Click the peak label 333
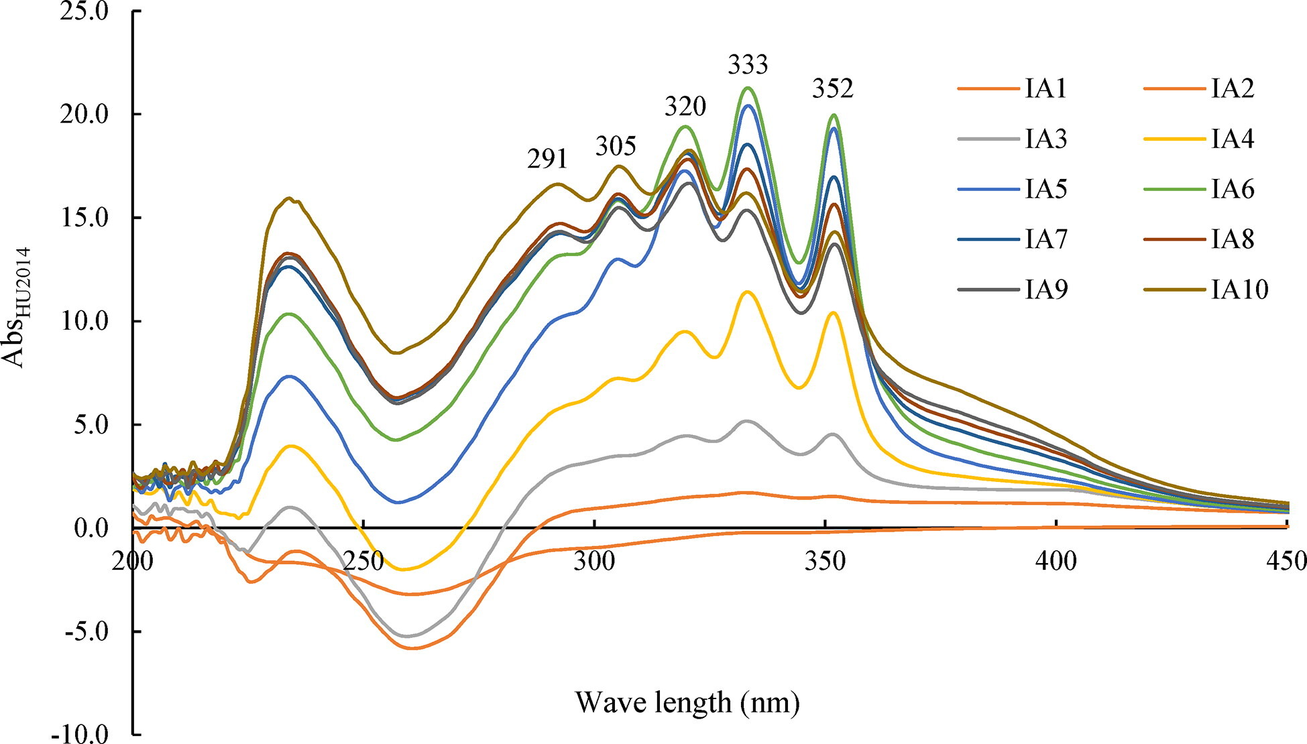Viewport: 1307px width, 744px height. (748, 65)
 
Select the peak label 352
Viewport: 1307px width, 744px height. (832, 88)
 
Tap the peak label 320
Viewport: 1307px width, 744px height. (685, 106)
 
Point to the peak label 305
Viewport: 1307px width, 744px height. (616, 146)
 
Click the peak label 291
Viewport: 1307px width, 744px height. (547, 159)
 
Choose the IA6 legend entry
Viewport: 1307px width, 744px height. (1233, 189)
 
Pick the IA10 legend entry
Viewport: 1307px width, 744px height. (1240, 290)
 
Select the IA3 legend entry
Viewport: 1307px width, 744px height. (1046, 139)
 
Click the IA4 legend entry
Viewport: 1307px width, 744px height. (1233, 139)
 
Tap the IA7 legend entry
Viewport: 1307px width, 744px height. (1046, 239)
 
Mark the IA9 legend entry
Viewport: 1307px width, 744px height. (1046, 290)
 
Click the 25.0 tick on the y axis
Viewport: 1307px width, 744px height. (84, 11)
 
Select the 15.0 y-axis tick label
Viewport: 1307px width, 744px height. (84, 218)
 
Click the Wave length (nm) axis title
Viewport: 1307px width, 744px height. (687, 702)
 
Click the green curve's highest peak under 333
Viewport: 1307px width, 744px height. (748, 88)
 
